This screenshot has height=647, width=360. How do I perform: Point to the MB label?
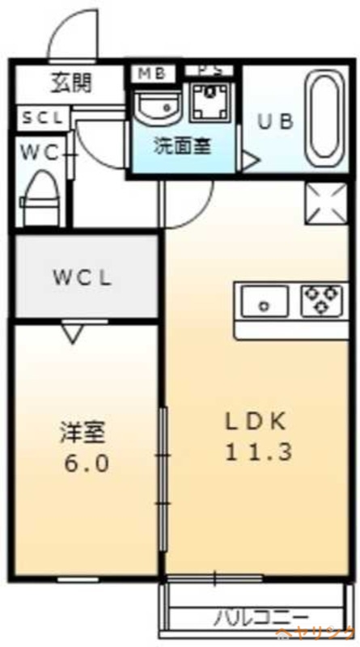151,73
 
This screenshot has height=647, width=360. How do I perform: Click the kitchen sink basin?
265,303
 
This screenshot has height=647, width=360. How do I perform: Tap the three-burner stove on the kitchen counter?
323,300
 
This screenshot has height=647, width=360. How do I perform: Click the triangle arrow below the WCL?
74,332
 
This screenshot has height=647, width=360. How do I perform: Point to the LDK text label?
255,421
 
